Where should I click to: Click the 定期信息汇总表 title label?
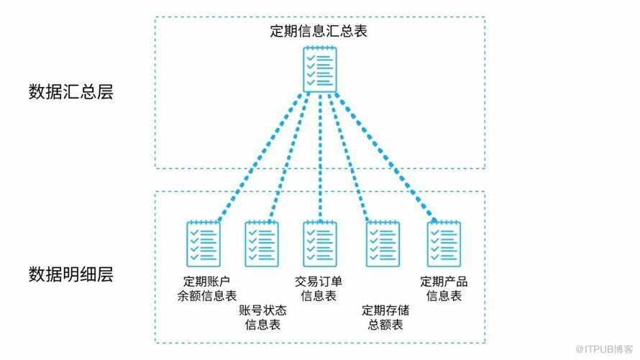tap(319, 32)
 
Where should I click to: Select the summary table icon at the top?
tap(319, 68)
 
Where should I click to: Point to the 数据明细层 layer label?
tap(71, 274)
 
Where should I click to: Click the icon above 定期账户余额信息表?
tap(203, 243)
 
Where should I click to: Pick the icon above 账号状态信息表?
tap(262, 243)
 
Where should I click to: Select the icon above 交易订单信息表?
tap(319, 243)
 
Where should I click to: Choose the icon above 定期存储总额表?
tap(382, 243)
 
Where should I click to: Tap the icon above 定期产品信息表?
tap(443, 243)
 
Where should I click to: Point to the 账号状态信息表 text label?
tap(262, 318)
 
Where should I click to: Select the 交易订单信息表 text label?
tap(319, 287)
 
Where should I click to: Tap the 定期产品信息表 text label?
tap(443, 287)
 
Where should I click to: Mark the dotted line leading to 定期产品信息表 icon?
tap(385, 158)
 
